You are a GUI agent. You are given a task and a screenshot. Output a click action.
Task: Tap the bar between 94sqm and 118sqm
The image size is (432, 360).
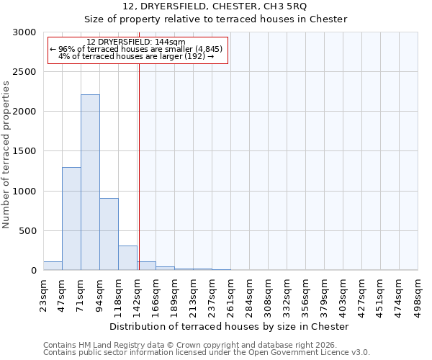coord(109,234)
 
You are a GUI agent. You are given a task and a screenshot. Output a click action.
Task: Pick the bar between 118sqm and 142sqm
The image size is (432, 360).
coord(127,258)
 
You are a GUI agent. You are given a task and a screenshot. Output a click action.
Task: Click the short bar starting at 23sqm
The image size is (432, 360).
coord(53,266)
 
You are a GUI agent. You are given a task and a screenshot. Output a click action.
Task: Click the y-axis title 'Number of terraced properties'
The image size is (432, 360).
coord(6,155)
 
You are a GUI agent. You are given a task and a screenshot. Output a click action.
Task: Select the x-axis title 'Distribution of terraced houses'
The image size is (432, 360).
coord(231,326)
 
